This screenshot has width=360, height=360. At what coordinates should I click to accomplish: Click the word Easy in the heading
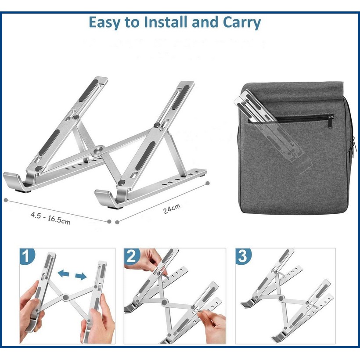tap(104, 23)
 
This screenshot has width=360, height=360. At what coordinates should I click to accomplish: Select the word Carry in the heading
tap(242, 23)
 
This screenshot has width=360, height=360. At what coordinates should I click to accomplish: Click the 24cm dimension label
tap(172, 209)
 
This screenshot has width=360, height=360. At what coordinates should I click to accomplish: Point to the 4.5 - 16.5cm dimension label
tap(50, 218)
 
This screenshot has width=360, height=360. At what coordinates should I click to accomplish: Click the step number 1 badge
tap(27, 256)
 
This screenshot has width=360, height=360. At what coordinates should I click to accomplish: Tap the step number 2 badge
tap(131, 256)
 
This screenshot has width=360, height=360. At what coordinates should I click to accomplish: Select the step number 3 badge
tap(243, 256)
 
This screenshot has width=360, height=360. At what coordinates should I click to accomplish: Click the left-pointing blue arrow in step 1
tap(64, 274)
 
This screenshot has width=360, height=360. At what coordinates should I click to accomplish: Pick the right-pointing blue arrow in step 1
tap(81, 277)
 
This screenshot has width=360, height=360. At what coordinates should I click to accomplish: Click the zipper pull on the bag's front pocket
tap(331, 121)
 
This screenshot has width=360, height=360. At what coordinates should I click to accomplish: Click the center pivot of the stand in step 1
tap(66, 297)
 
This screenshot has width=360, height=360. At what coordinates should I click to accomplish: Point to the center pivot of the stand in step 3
tap(281, 298)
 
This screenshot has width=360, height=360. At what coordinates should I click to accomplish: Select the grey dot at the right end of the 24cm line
tap(208, 183)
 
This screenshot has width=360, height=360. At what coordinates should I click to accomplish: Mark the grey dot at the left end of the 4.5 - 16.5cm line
tap(6, 200)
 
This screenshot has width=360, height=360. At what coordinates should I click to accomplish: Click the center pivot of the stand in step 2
tap(164, 302)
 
